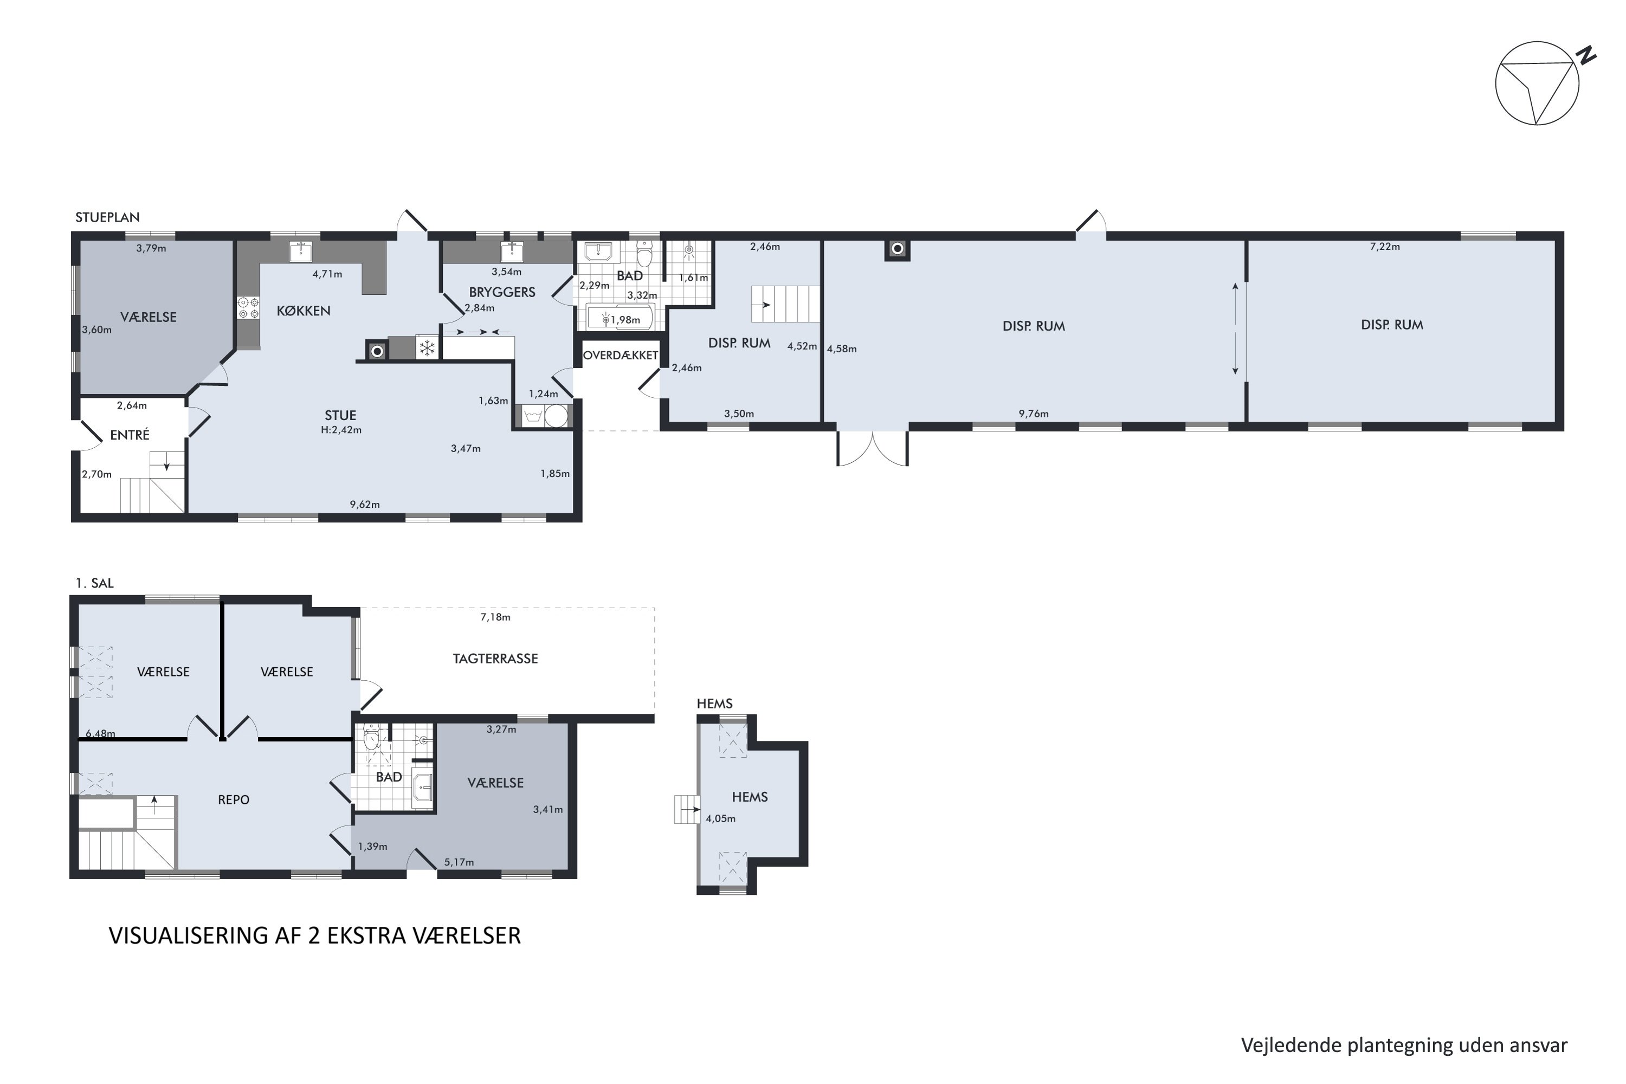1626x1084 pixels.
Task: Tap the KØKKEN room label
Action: coord(304,311)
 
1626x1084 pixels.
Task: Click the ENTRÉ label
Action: coord(130,435)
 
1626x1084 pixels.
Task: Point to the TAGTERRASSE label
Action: coord(495,659)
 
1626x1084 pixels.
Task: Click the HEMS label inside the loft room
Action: coord(750,797)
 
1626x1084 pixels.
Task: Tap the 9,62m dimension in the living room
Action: coord(364,505)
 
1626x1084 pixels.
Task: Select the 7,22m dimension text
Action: coord(1385,247)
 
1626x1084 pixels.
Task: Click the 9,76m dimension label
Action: coord(1034,414)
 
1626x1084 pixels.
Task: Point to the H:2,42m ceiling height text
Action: coord(341,430)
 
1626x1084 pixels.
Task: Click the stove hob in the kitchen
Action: coord(248,308)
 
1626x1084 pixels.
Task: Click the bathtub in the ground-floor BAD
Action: coord(620,319)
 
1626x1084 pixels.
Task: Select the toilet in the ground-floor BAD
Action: coord(644,254)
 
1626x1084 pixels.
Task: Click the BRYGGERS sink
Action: coord(512,251)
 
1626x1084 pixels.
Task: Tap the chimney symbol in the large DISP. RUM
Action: coord(898,249)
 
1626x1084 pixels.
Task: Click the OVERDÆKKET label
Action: coord(620,356)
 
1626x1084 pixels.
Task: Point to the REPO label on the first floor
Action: coord(234,800)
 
